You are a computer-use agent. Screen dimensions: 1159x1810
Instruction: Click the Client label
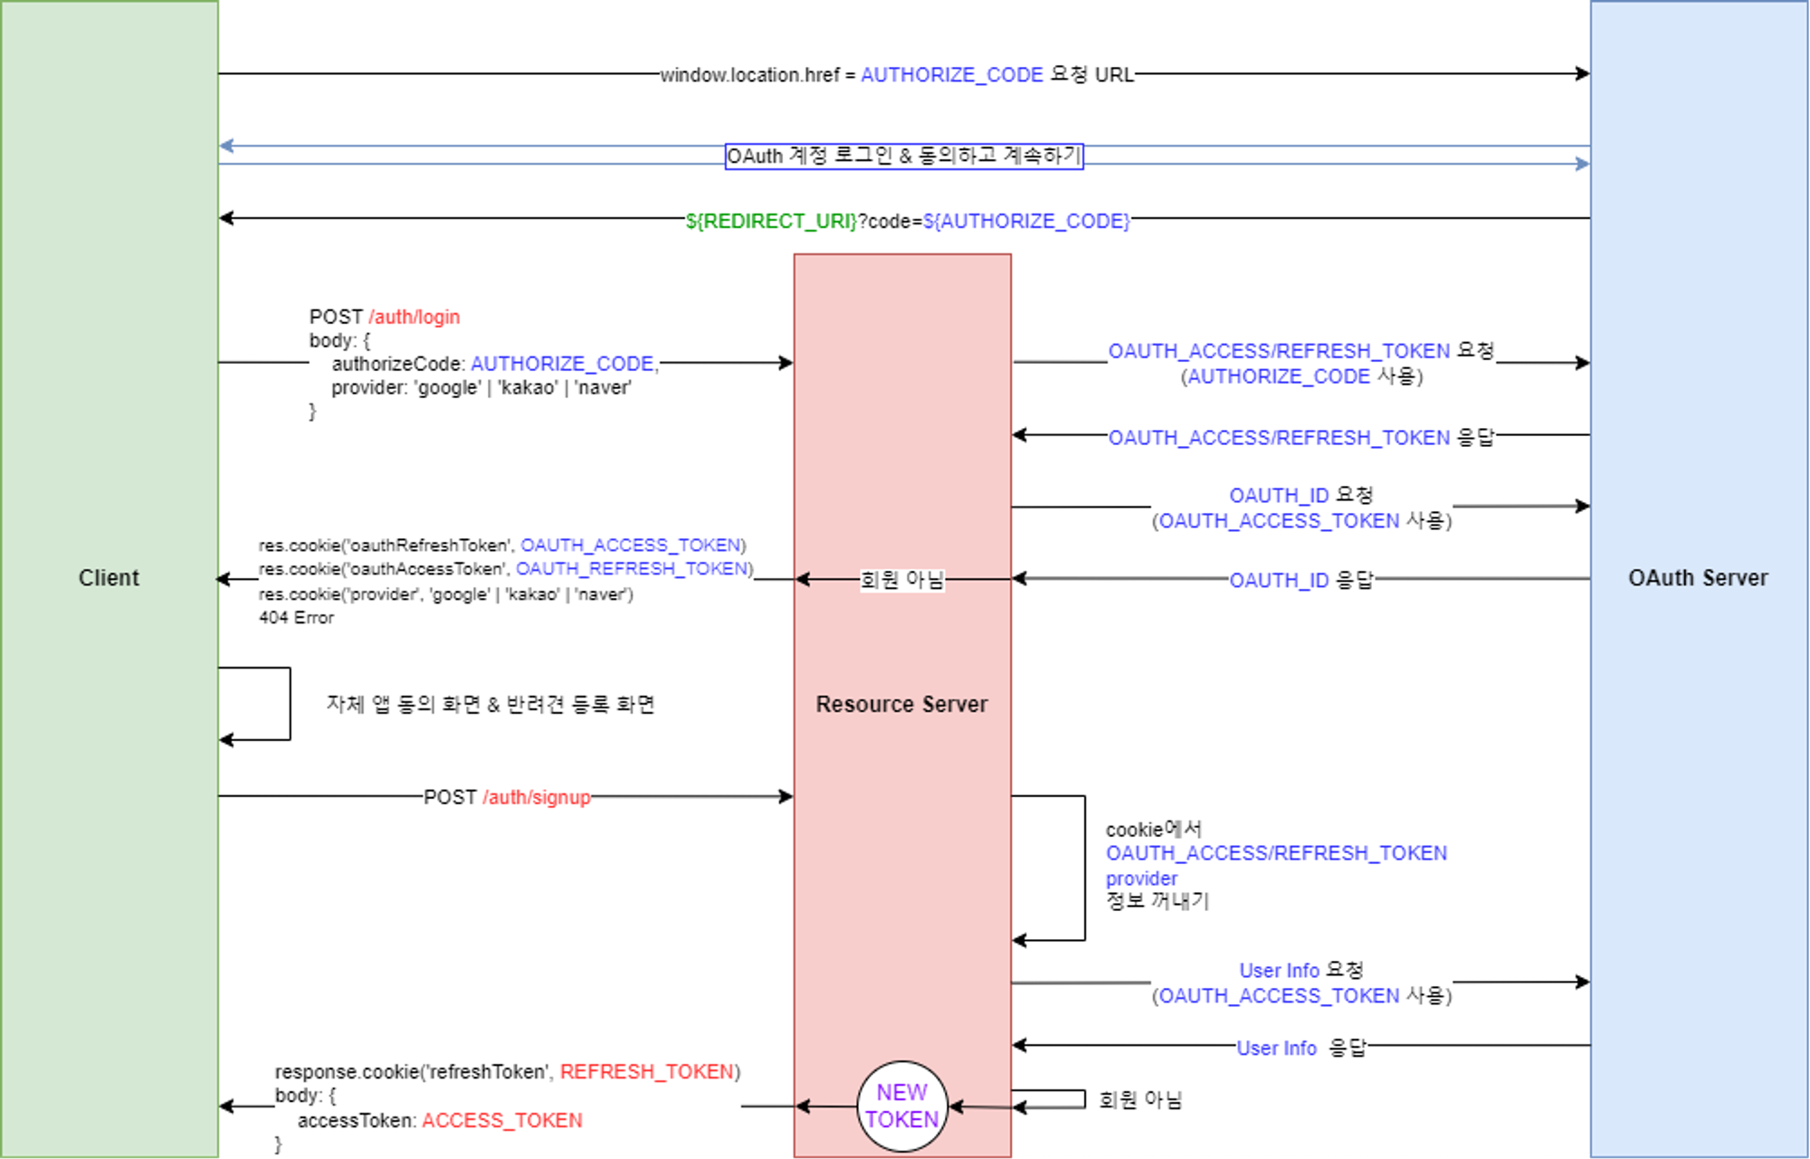coord(109,578)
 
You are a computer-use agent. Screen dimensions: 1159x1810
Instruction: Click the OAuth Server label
coord(1698,578)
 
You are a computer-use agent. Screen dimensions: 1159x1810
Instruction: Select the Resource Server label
coord(901,704)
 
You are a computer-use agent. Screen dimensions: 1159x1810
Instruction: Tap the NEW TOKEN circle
coord(901,1106)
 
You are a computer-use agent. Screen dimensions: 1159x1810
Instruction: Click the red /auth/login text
coord(414,318)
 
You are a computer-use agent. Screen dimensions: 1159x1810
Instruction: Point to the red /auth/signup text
coord(537,797)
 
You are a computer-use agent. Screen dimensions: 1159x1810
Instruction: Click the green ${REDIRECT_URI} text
coord(770,222)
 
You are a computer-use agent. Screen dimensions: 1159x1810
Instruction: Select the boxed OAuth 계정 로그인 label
coord(904,157)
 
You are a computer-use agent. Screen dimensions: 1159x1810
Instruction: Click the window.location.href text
coord(749,75)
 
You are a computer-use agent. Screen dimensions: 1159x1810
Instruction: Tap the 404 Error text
coord(296,618)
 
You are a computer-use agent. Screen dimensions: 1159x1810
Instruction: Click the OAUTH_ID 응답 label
coord(1300,580)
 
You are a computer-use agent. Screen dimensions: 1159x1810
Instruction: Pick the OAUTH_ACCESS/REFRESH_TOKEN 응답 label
coord(1300,438)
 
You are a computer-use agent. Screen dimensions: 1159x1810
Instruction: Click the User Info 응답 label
coord(1300,1048)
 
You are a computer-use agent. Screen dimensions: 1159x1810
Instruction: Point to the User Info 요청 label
coord(1300,971)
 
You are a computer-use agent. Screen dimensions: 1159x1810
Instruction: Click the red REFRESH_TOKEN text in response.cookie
coord(646,1072)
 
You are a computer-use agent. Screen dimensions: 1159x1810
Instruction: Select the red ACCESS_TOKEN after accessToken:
coord(502,1121)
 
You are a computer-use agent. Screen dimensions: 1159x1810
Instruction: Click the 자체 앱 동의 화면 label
coord(490,705)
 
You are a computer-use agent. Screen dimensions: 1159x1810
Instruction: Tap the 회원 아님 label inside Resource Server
coord(901,580)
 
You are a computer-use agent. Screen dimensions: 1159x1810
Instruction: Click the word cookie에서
coord(1153,830)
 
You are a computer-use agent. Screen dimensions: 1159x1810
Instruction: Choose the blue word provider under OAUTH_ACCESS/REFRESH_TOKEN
coord(1141,879)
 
